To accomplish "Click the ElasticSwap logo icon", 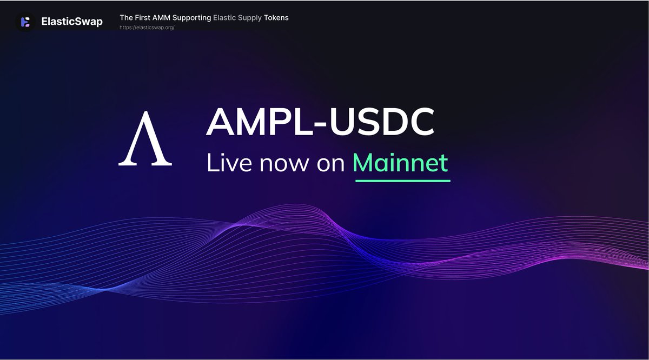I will pyautogui.click(x=25, y=22).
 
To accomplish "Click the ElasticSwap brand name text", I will pyautogui.click(x=72, y=22).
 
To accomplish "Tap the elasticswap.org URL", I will pyautogui.click(x=147, y=28).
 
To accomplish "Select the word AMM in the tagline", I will pyautogui.click(x=165, y=18).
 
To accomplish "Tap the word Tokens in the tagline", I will pyautogui.click(x=276, y=18).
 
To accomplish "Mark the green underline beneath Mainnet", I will pyautogui.click(x=403, y=181).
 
